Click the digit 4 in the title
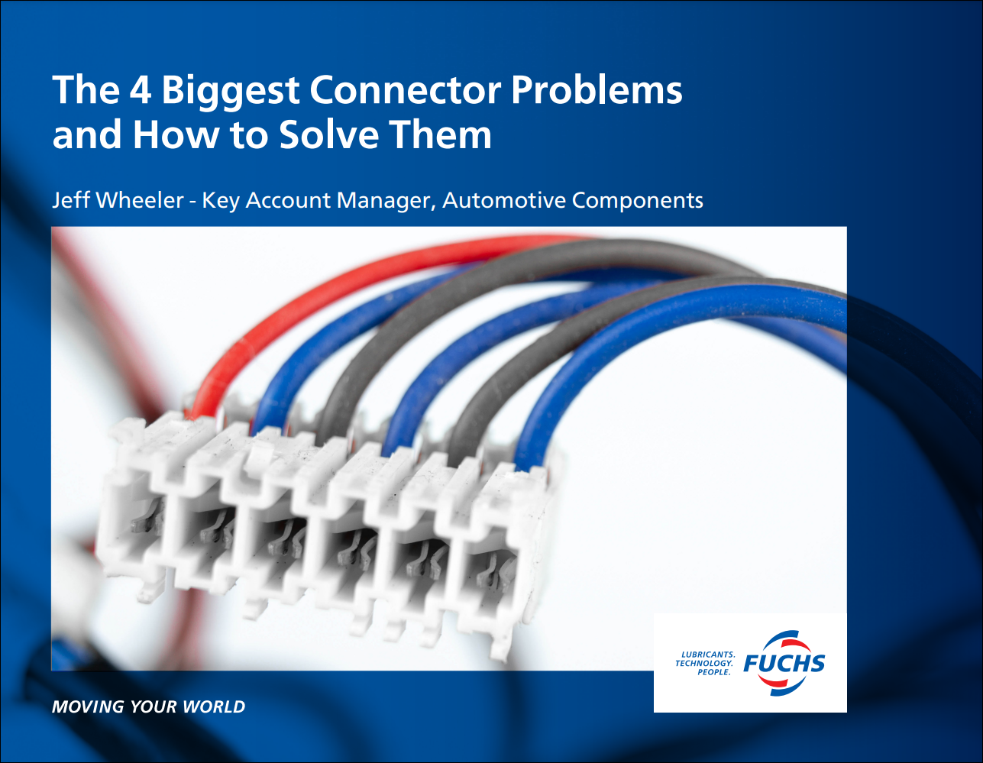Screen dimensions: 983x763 point(140,89)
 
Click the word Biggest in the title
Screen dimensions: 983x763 point(230,92)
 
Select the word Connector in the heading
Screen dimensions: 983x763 point(406,89)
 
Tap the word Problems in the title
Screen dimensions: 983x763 point(597,89)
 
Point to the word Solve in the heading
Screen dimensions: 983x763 point(328,134)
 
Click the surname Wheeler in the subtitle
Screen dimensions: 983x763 point(141,200)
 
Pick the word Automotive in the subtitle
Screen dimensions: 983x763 point(504,200)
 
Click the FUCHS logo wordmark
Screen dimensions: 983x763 point(784,663)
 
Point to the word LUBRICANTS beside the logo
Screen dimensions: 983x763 point(708,654)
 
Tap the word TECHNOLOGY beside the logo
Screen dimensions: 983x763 point(704,663)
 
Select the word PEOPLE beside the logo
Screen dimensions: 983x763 point(714,672)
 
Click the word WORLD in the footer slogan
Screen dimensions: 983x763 point(214,706)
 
